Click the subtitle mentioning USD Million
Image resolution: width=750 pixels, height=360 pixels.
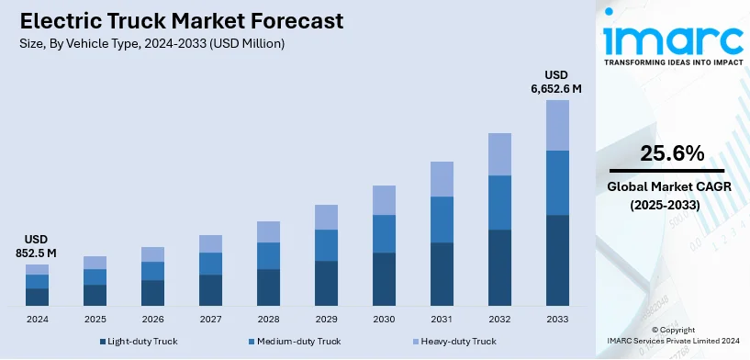click(151, 43)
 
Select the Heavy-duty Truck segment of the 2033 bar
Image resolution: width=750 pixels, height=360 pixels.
click(557, 125)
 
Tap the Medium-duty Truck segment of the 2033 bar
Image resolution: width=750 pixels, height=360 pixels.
click(557, 183)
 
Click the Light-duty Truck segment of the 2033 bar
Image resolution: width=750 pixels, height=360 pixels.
click(557, 260)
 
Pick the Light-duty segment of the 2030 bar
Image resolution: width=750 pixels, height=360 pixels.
click(384, 278)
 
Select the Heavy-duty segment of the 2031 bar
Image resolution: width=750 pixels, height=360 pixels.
click(442, 179)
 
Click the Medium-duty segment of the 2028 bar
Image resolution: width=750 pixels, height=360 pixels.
click(268, 255)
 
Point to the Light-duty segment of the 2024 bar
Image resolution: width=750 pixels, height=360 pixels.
click(37, 297)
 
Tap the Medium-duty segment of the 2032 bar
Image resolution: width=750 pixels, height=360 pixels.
click(499, 202)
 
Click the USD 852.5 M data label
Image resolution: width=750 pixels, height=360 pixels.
click(37, 245)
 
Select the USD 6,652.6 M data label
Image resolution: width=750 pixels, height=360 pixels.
click(557, 82)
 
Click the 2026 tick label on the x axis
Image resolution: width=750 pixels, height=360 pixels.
click(152, 319)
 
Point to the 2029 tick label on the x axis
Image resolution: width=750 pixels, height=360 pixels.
click(326, 319)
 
